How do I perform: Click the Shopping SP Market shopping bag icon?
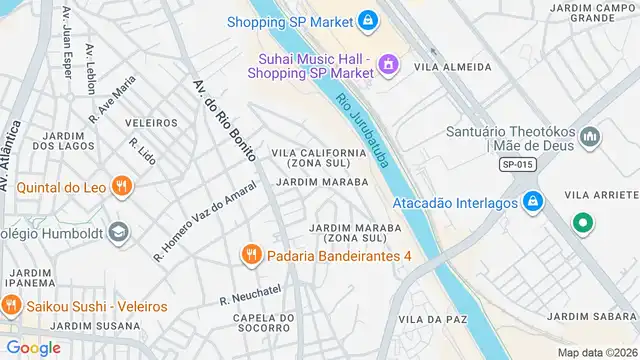368,20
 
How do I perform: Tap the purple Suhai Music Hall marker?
388,65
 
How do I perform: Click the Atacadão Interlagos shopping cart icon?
534,202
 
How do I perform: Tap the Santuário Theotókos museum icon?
591,134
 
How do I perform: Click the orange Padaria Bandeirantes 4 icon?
250,256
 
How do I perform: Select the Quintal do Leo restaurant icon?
122,185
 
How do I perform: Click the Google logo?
34,347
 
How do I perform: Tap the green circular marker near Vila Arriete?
580,223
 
